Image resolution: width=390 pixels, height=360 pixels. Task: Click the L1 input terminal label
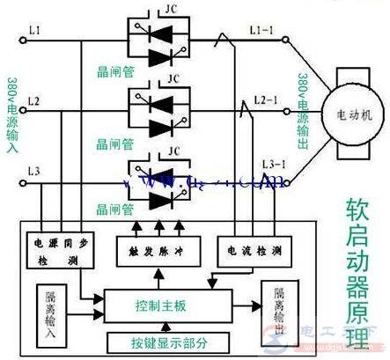(x=33, y=33)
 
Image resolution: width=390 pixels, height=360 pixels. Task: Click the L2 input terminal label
(x=33, y=103)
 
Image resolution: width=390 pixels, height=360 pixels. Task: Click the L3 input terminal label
(x=33, y=170)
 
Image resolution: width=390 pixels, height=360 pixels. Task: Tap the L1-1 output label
(x=261, y=32)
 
